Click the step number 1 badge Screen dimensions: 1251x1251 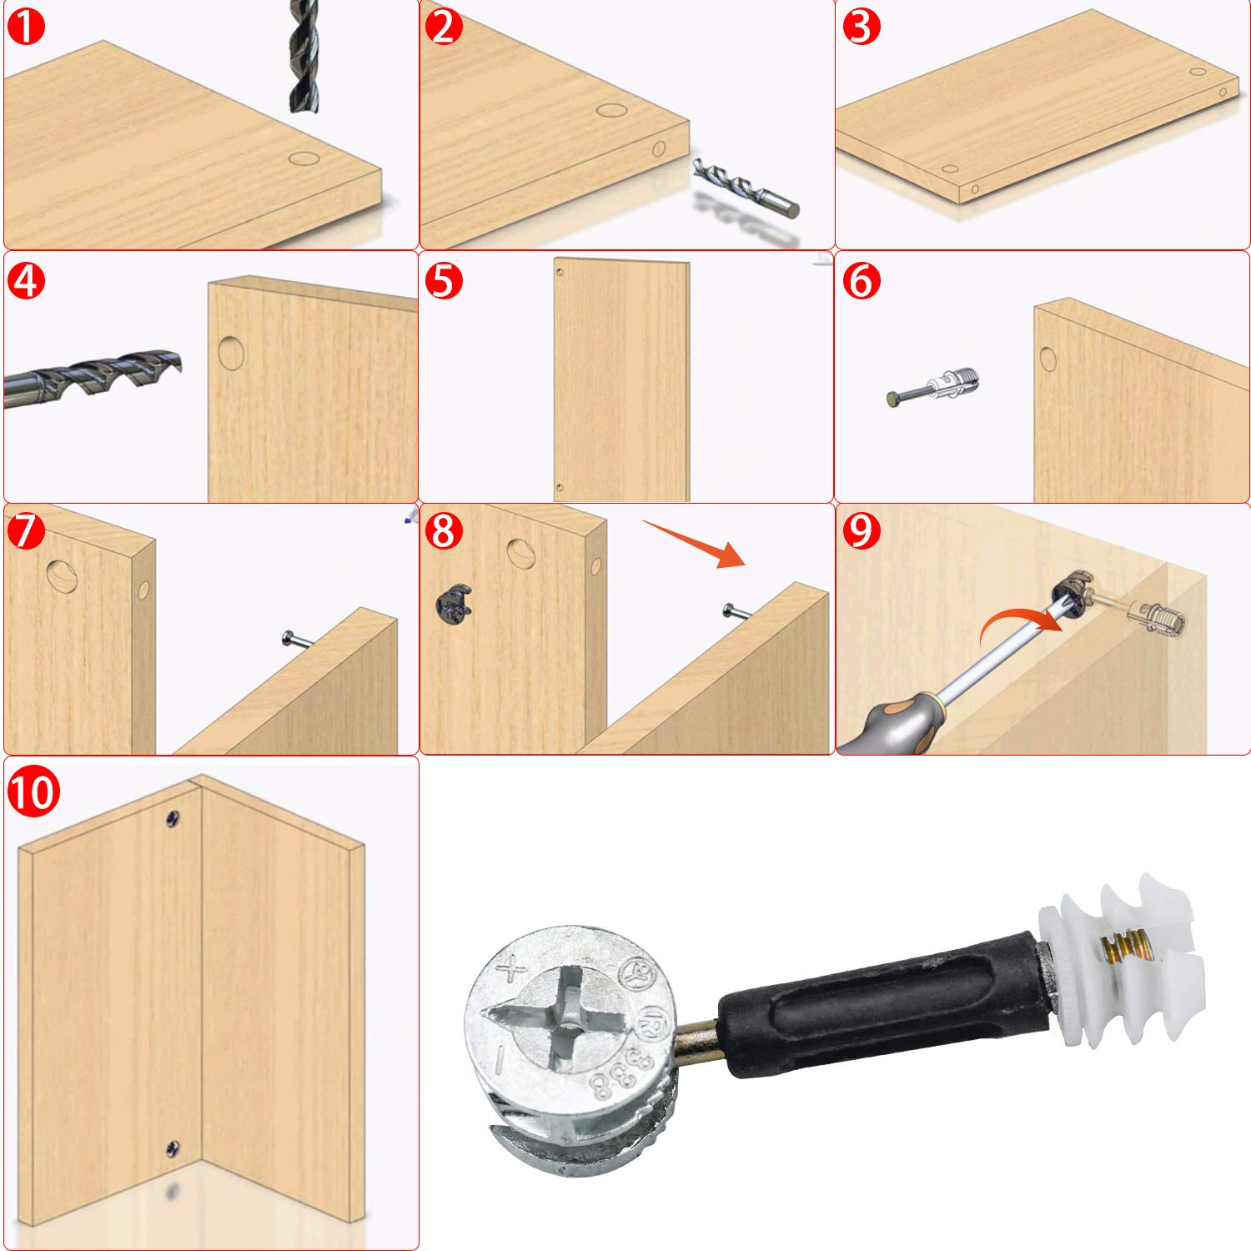pos(26,26)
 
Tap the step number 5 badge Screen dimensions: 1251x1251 pos(444,280)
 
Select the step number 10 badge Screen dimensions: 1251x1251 pos(34,791)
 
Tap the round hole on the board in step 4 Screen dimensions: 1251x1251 pos(231,353)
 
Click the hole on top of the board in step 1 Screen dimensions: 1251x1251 pos(304,159)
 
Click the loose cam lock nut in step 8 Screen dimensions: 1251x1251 pos(454,604)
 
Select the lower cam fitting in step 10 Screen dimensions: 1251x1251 pos(173,1148)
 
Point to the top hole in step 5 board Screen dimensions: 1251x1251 pos(560,271)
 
